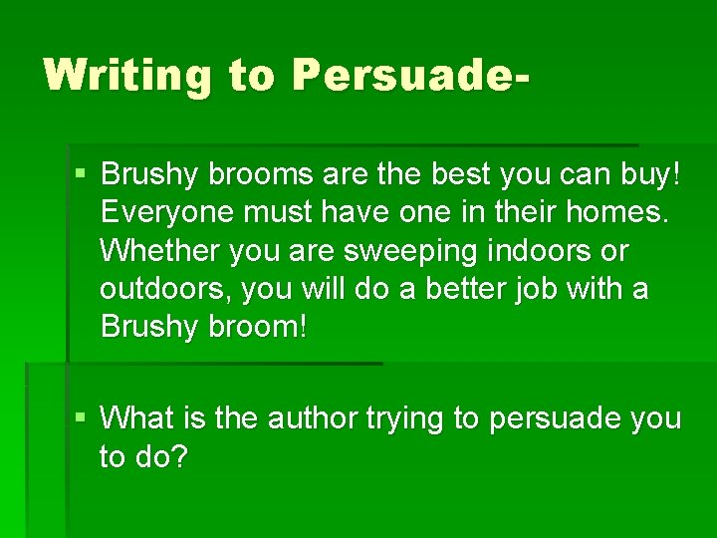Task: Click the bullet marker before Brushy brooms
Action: click(82, 175)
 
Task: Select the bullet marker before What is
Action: click(82, 418)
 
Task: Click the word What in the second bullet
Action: click(136, 418)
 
